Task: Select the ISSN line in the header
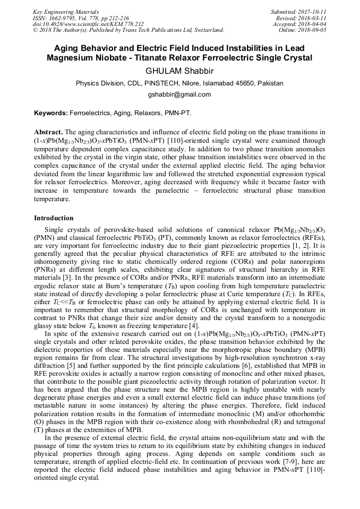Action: [84, 18]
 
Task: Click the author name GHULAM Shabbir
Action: [179, 71]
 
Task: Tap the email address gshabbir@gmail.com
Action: [179, 94]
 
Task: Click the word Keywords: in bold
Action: [51, 114]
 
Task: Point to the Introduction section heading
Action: [54, 218]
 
